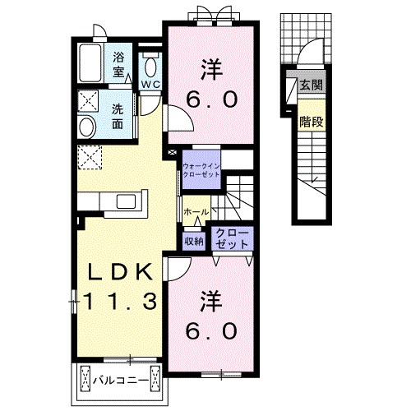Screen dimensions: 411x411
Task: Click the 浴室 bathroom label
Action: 118,65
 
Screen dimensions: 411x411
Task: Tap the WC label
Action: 150,85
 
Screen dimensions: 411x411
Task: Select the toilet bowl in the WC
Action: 150,67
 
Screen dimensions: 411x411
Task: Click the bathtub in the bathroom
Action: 90,62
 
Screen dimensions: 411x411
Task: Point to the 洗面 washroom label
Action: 118,117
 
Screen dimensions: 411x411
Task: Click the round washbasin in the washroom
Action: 87,127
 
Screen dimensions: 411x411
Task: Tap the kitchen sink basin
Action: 126,201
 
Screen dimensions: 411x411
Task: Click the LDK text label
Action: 120,271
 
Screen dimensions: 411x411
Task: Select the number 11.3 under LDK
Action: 120,301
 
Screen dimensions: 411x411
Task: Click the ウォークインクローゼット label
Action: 201,170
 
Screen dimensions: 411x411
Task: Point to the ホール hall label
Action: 196,212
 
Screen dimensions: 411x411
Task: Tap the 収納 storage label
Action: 194,241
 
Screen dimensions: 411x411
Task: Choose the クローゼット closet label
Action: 232,238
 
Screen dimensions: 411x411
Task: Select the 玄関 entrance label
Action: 311,85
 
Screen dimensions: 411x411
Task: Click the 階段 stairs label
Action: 312,122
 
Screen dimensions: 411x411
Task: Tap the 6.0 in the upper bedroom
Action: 212,99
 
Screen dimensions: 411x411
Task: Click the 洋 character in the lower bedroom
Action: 211,302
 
